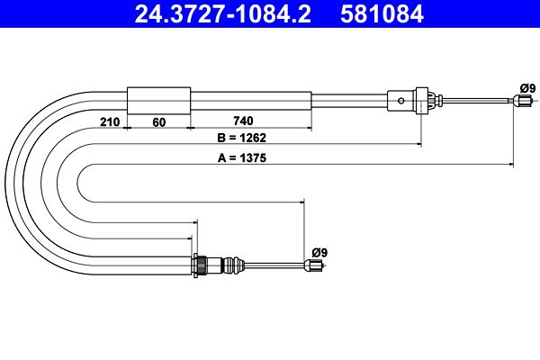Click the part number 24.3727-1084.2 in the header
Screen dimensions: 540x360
(223, 13)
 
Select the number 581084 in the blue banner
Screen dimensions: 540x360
(382, 13)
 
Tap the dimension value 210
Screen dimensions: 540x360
(110, 122)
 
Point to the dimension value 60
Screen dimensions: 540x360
(158, 122)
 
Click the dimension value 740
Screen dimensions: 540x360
(243, 121)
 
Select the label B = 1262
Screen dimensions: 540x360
(242, 138)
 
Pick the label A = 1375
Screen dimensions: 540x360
(242, 157)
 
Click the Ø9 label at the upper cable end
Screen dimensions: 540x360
(528, 88)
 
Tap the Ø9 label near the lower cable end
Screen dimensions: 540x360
(319, 253)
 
